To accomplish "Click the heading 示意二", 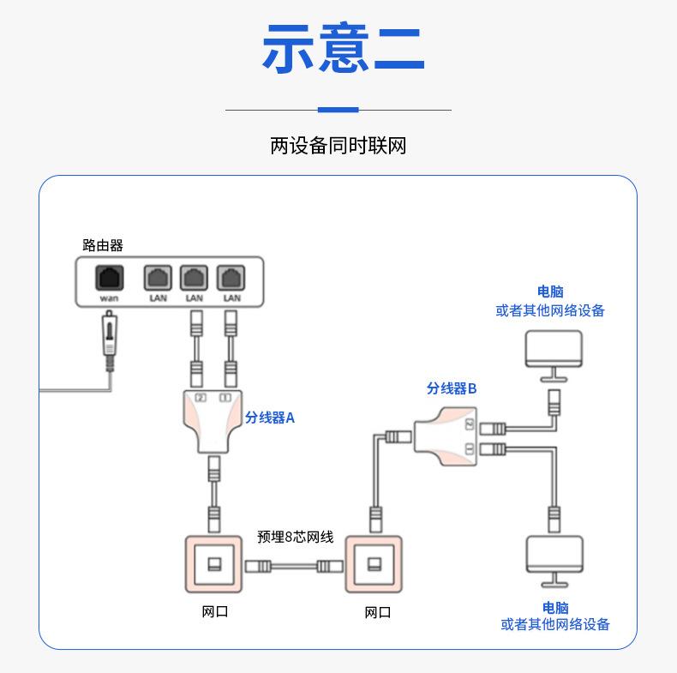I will pos(343,50).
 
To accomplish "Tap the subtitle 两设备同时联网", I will pos(338,146).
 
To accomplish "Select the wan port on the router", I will pos(109,279).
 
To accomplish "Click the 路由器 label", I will pos(103,246).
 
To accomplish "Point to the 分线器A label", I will pos(270,418).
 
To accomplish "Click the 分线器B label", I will pos(452,388).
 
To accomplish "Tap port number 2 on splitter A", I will pos(201,397).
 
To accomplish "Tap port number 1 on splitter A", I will pos(225,397).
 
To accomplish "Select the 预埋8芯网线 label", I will pos(295,538).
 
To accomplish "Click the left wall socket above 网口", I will pos(214,564).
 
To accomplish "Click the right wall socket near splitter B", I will pos(373,564).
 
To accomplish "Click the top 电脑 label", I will pos(550,292).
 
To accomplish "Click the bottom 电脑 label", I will pos(555,608).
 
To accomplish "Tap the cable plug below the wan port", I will pos(109,339).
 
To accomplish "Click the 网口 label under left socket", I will pos(215,612).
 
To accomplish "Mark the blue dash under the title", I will pos(338,110).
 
